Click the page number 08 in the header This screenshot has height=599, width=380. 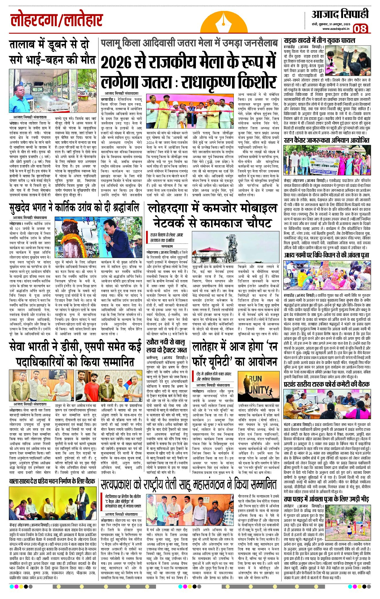coord(360,28)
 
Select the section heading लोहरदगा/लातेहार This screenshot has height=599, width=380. coord(56,21)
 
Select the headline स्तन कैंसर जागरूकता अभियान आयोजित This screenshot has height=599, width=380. coord(326,141)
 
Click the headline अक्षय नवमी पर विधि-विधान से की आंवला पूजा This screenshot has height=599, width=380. coord(326,255)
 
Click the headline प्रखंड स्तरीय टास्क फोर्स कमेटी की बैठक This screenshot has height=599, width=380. coord(326,384)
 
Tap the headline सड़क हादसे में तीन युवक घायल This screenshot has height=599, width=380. coord(319,40)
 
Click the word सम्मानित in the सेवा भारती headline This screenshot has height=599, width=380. coord(110,361)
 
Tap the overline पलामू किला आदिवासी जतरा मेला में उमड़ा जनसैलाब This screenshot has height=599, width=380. coord(189,43)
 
